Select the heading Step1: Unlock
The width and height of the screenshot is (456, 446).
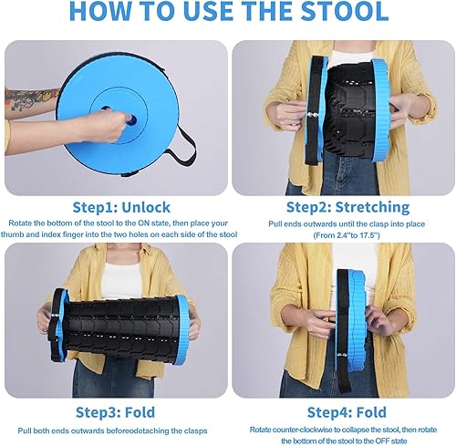coord(113,207)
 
